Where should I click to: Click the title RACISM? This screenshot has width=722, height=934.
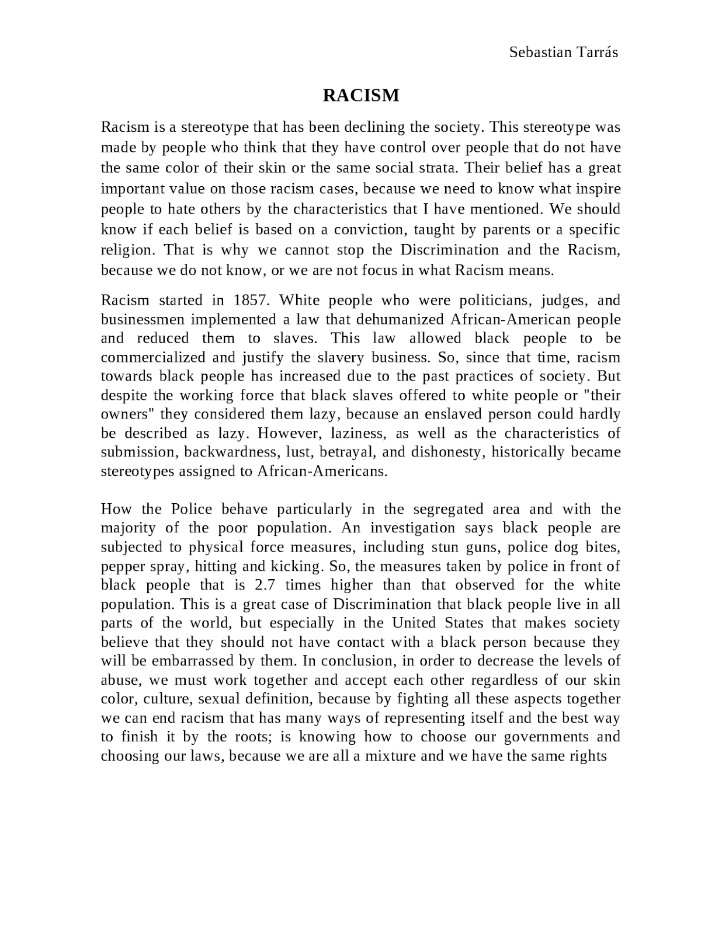coord(361,95)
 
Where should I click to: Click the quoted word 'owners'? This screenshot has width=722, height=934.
coord(128,414)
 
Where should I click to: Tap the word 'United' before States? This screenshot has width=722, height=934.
coord(414,623)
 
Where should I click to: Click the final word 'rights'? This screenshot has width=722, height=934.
coord(589,756)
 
